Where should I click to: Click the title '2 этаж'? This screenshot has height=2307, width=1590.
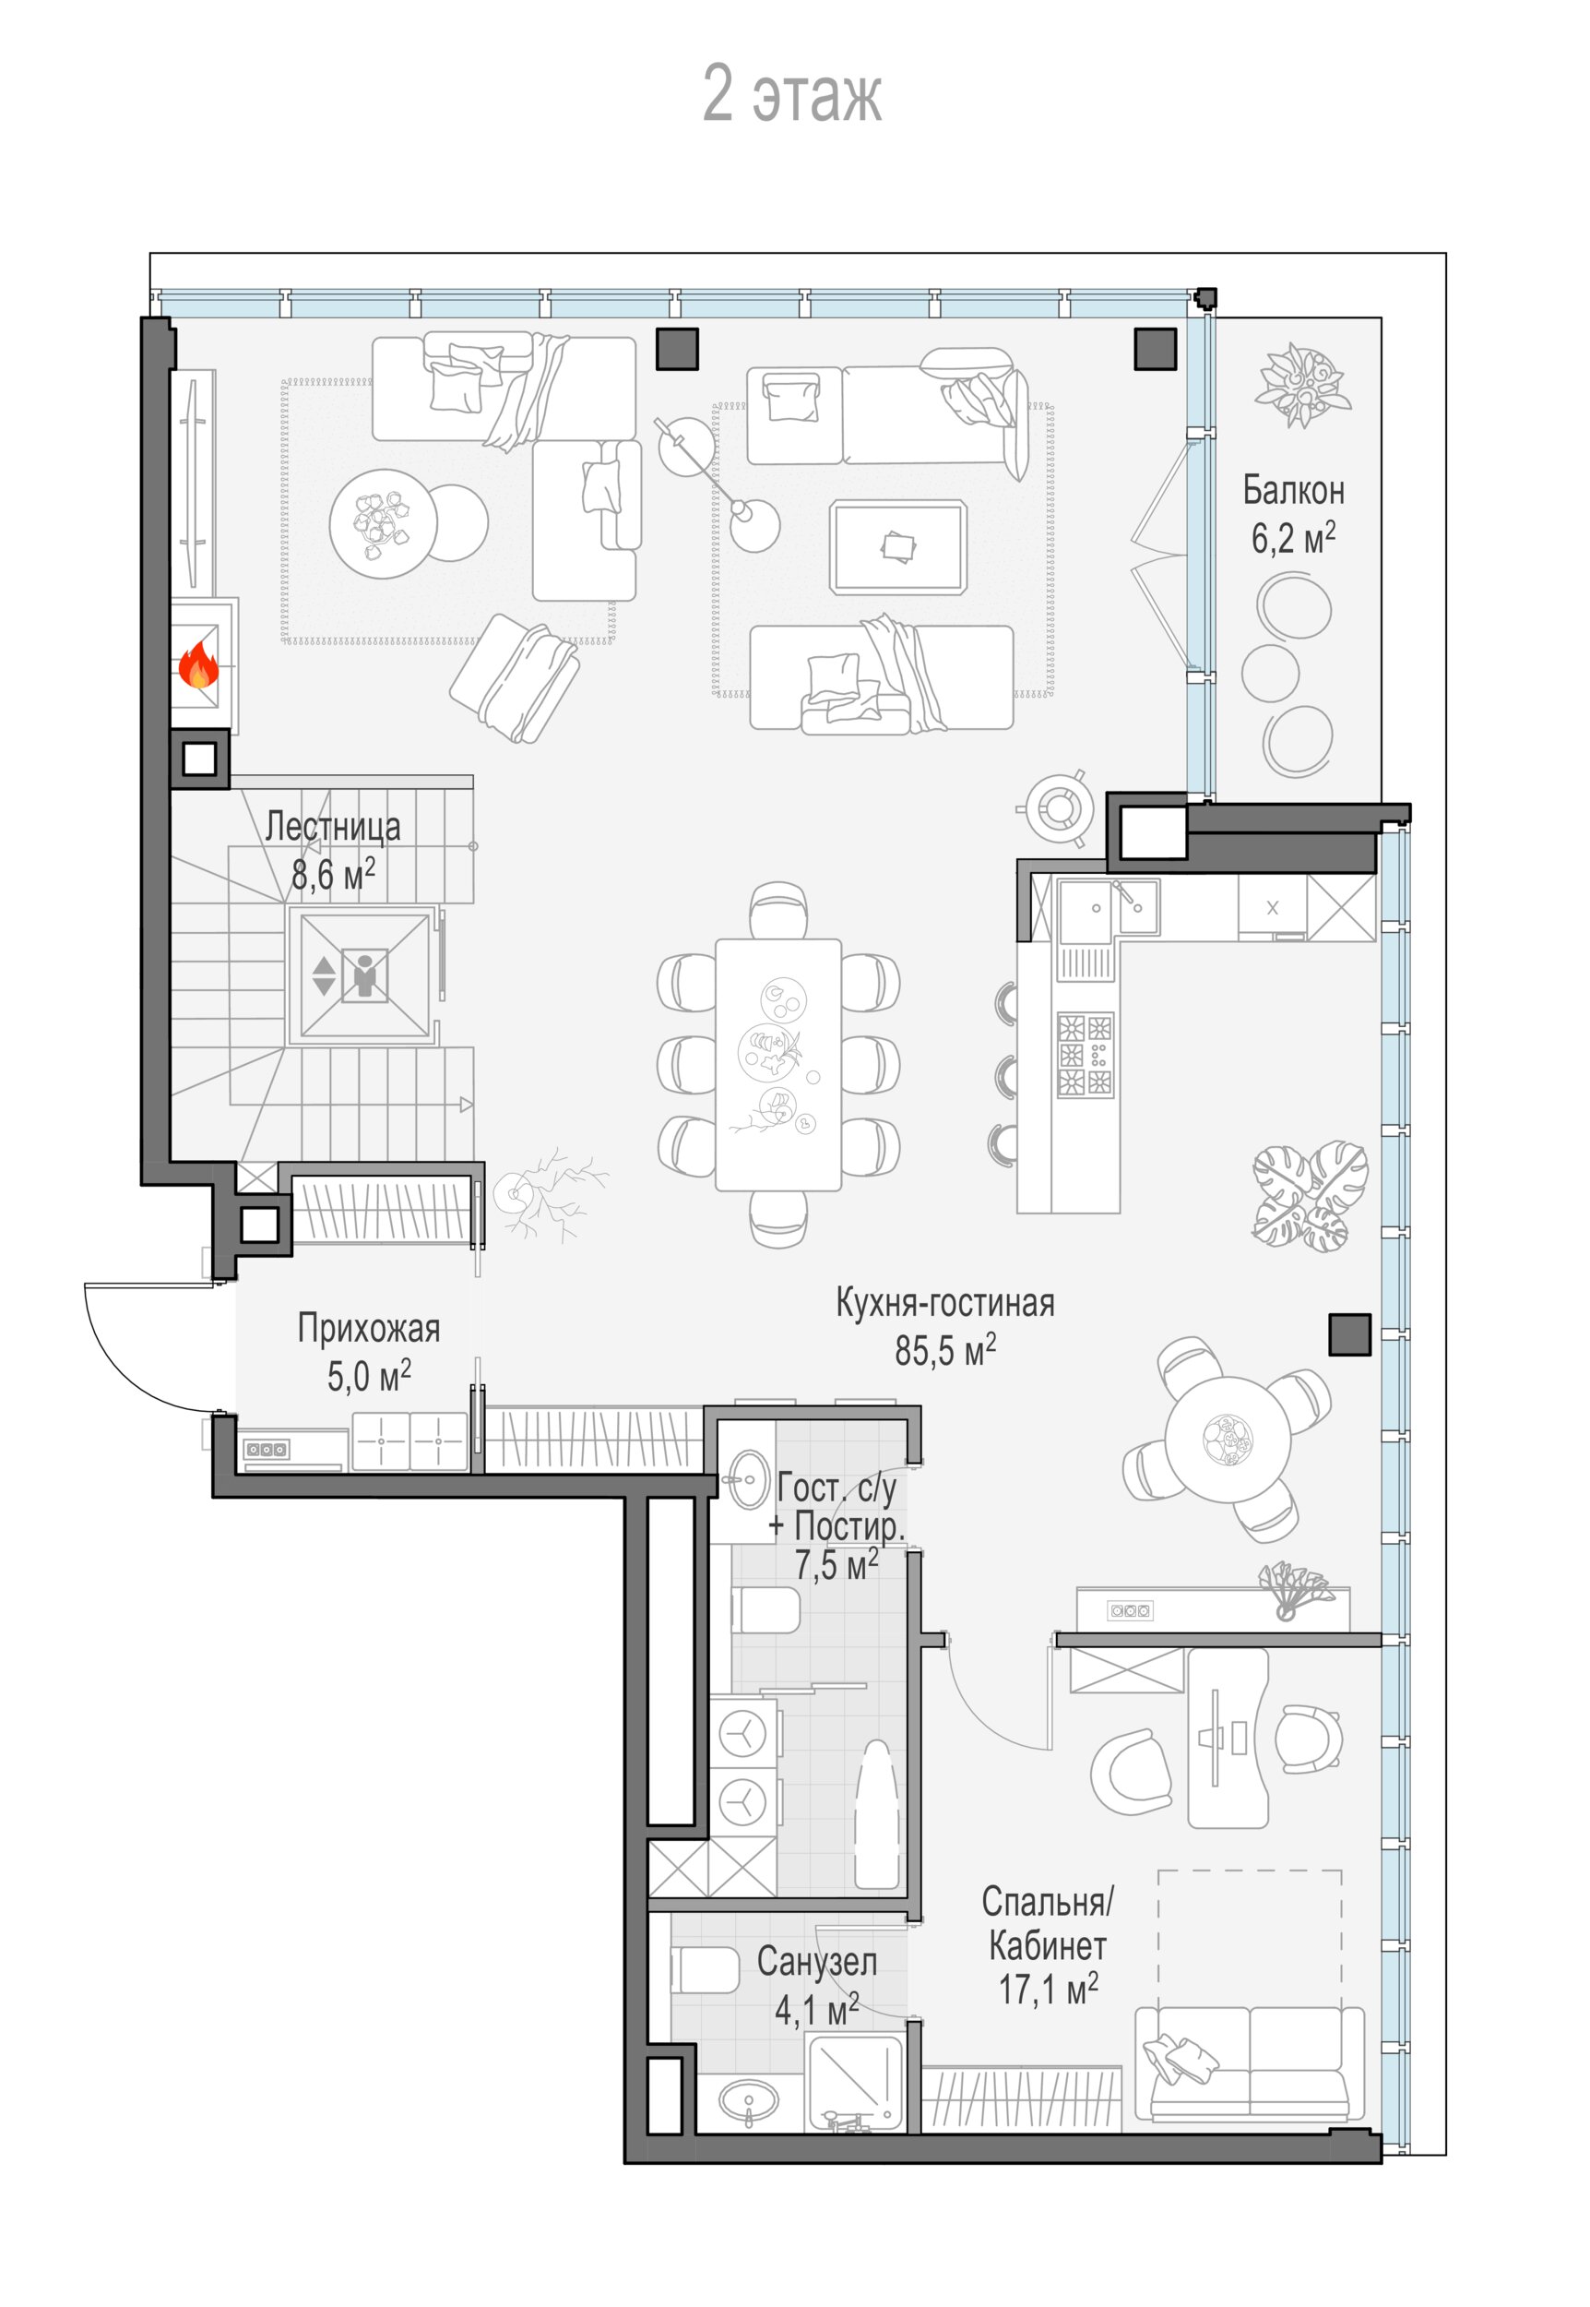click(x=792, y=95)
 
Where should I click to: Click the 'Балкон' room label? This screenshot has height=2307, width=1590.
click(x=1293, y=490)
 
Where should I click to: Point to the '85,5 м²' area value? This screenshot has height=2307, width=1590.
click(x=944, y=1350)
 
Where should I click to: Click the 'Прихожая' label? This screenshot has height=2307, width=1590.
click(x=369, y=1329)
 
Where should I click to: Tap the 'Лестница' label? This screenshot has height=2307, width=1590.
click(x=333, y=826)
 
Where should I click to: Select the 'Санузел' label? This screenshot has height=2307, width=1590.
click(x=817, y=1962)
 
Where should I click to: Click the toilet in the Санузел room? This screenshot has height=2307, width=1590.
click(x=705, y=1970)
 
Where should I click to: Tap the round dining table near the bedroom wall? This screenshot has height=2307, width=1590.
click(x=1228, y=1439)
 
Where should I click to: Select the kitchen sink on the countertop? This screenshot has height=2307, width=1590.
click(x=1108, y=909)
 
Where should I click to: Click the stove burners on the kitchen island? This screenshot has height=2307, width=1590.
click(x=1085, y=1055)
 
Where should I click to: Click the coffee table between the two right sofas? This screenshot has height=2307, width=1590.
click(x=897, y=547)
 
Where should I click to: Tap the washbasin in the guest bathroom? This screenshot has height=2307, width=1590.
click(x=746, y=1479)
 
